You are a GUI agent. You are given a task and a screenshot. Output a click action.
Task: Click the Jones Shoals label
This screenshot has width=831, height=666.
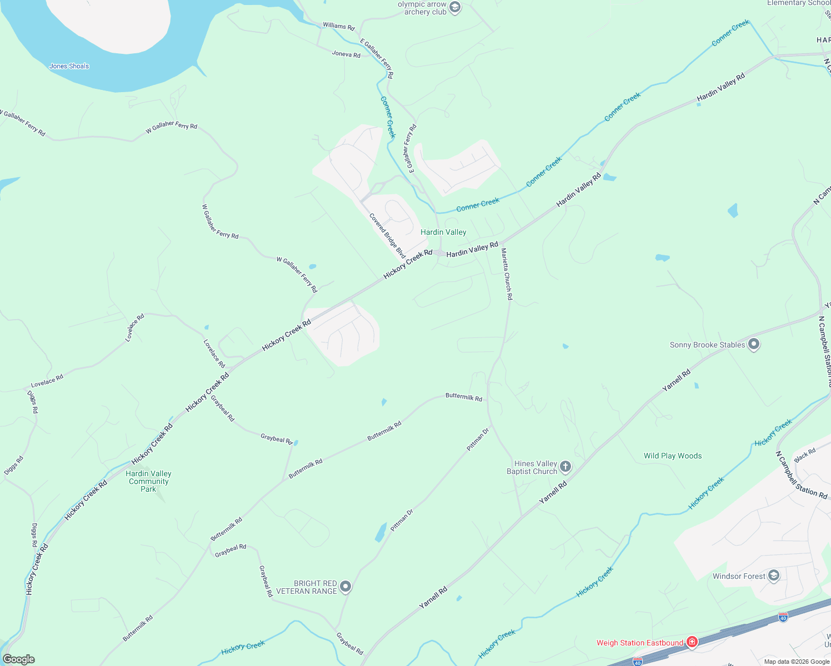(x=69, y=66)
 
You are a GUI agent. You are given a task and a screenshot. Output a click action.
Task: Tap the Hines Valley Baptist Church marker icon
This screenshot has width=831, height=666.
(x=565, y=467)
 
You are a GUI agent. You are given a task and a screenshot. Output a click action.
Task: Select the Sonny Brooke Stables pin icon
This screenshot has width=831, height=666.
(x=753, y=345)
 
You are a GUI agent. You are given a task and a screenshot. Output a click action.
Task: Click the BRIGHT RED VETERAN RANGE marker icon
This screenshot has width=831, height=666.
(x=346, y=587)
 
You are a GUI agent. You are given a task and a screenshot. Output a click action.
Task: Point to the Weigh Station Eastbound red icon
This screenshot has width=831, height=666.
(x=692, y=643)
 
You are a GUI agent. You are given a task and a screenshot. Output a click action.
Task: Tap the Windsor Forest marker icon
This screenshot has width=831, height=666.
(x=774, y=576)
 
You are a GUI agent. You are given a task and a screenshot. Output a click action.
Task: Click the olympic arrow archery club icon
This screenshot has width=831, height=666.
(x=455, y=8)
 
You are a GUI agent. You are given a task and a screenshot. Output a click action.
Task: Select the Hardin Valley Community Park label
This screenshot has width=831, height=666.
(x=148, y=481)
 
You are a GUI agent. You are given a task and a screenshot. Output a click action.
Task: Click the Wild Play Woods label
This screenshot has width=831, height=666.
(x=672, y=456)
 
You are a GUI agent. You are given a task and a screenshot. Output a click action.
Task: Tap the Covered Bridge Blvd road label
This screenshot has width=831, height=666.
(x=388, y=236)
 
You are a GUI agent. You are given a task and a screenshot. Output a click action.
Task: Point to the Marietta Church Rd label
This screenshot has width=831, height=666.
(x=507, y=274)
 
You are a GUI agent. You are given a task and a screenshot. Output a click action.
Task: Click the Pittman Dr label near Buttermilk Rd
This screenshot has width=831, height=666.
(x=478, y=438)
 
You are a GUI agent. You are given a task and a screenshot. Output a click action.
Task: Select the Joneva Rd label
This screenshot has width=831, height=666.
(x=346, y=54)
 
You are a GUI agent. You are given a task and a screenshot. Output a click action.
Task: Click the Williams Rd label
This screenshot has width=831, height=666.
(x=338, y=26)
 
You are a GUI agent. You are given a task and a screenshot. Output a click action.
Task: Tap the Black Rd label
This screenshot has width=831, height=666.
(x=805, y=455)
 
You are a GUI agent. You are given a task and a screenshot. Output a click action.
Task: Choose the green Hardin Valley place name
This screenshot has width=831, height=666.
(x=443, y=232)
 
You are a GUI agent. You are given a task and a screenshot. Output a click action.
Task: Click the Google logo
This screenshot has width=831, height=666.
(x=18, y=659)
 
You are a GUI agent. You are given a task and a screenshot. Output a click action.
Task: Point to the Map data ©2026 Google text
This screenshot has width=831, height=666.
(x=797, y=662)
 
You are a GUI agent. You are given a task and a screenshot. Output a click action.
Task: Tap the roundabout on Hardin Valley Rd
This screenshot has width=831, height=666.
(x=439, y=253)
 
